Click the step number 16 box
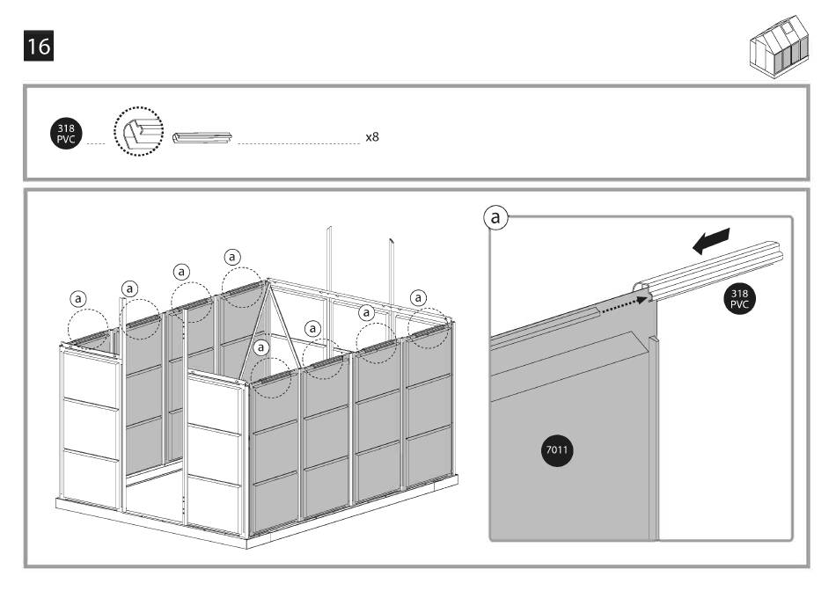(x=38, y=47)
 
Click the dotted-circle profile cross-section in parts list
(x=138, y=135)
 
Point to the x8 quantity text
(x=371, y=138)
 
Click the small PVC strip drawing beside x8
(x=202, y=138)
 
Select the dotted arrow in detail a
(x=625, y=304)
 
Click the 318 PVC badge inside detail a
(x=739, y=297)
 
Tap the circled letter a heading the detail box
(x=498, y=216)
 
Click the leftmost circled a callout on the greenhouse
(x=79, y=298)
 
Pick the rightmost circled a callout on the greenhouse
(x=418, y=296)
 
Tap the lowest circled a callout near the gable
(x=260, y=348)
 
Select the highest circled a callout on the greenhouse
(x=231, y=257)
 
